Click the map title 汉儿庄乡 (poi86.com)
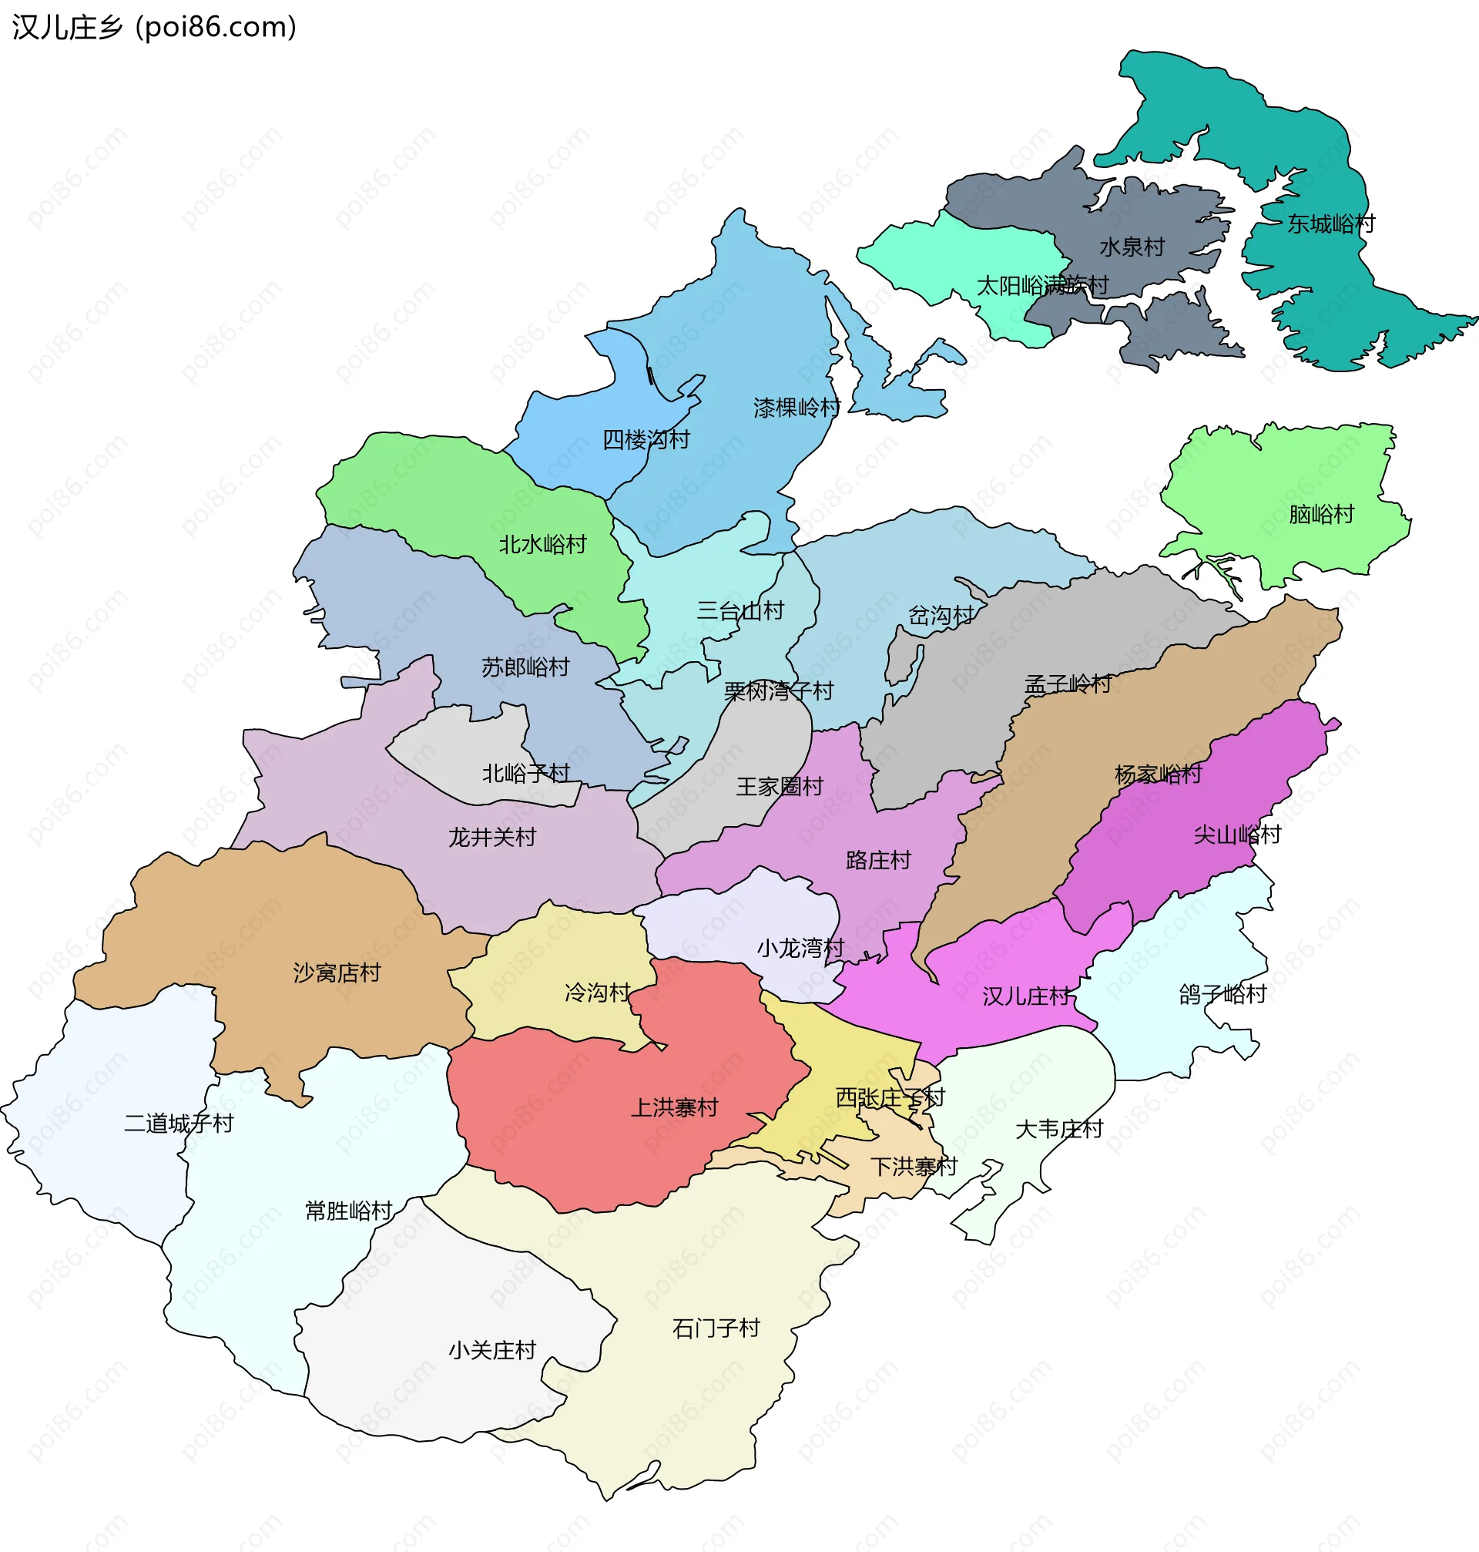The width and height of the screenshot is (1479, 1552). (154, 28)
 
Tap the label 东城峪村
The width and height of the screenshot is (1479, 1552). (1331, 224)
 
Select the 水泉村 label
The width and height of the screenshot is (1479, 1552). (1132, 247)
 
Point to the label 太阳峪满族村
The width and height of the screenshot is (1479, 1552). (1042, 284)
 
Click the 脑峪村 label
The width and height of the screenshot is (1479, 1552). (1320, 514)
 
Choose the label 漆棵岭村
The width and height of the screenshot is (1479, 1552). (797, 408)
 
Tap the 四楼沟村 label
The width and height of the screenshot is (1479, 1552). (646, 439)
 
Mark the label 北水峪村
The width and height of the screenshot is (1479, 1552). (542, 544)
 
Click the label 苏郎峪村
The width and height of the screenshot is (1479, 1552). (525, 667)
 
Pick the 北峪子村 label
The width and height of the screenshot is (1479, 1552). (525, 773)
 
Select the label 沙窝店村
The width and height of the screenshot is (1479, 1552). (337, 973)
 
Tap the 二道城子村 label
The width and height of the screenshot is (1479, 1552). (179, 1123)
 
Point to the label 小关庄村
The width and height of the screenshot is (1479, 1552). (492, 1350)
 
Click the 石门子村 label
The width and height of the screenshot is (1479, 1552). (715, 1328)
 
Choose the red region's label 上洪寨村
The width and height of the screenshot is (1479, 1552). (674, 1107)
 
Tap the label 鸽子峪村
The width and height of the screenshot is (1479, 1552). (1222, 993)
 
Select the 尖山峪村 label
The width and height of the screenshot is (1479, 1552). (1237, 835)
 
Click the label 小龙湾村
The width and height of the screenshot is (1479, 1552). (800, 947)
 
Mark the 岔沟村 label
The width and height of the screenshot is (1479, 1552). (941, 615)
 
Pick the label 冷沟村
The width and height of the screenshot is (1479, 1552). (597, 991)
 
